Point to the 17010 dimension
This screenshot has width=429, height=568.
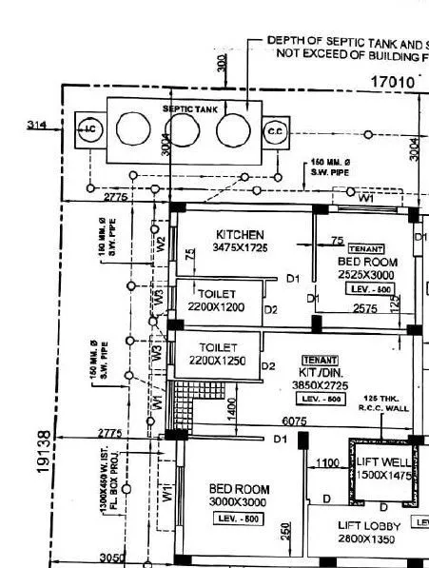(x=392, y=83)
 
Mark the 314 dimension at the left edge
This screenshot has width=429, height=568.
(x=37, y=125)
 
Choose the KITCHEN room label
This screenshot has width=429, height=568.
(x=240, y=234)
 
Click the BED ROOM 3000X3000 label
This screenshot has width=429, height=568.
(x=239, y=495)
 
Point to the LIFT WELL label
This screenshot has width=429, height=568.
(x=384, y=467)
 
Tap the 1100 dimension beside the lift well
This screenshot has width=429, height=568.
(x=328, y=462)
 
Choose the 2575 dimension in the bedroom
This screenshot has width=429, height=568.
(x=364, y=308)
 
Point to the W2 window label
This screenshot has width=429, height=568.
(x=161, y=242)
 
